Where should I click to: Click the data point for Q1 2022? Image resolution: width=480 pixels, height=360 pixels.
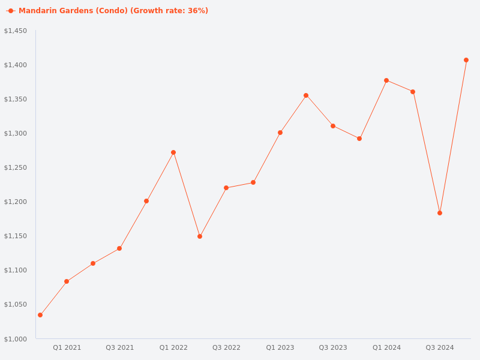[x=173, y=152]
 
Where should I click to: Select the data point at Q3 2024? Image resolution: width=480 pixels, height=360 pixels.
[x=440, y=213]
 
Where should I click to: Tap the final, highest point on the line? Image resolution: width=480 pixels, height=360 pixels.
[x=466, y=60]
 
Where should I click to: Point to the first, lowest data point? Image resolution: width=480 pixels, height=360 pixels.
[x=40, y=315]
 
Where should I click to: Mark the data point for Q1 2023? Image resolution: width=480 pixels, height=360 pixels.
[x=280, y=133]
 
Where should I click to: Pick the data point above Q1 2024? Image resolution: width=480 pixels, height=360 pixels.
[x=386, y=80]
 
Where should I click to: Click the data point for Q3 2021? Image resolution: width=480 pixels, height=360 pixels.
[x=119, y=248]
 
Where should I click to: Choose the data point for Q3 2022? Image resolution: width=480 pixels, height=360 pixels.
[x=226, y=188]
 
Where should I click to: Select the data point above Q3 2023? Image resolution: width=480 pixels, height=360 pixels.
[x=333, y=126]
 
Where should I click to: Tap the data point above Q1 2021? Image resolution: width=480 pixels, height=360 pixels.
[x=67, y=281]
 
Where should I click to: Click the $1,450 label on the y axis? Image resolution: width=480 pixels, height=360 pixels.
[x=16, y=31]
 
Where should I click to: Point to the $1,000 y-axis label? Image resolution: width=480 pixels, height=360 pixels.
[x=16, y=339]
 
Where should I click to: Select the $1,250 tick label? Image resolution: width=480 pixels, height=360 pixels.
[x=16, y=167]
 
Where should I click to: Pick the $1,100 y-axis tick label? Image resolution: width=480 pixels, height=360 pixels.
[x=16, y=271]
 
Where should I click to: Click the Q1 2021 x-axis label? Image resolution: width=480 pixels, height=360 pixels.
[x=67, y=347]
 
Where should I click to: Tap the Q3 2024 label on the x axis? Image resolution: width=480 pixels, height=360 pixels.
[x=440, y=347]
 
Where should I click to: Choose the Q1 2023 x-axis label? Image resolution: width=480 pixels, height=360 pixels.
[x=280, y=347]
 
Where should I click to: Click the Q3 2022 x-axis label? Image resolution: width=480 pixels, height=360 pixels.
[x=226, y=347]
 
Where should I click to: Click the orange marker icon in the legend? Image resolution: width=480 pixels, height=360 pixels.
[x=11, y=11]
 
